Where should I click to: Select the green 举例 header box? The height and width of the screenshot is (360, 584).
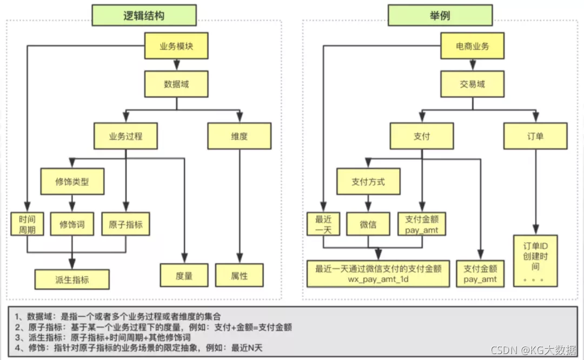click(x=440, y=15)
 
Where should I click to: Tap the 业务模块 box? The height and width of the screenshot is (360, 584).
click(x=176, y=46)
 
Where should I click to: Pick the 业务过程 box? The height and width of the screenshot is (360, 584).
click(x=125, y=136)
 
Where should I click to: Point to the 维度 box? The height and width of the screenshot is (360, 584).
click(x=240, y=136)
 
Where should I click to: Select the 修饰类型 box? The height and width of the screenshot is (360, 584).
click(x=72, y=182)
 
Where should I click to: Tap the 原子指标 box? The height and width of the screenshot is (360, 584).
click(x=125, y=224)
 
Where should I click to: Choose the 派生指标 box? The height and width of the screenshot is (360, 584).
click(x=72, y=279)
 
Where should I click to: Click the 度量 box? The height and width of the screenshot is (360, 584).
click(x=184, y=275)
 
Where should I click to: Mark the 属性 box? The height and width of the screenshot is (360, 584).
click(x=240, y=275)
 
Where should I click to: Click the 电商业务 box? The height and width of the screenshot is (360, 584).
click(x=473, y=46)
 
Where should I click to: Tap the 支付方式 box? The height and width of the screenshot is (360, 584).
click(x=368, y=182)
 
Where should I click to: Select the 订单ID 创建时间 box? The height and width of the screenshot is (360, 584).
click(x=535, y=258)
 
